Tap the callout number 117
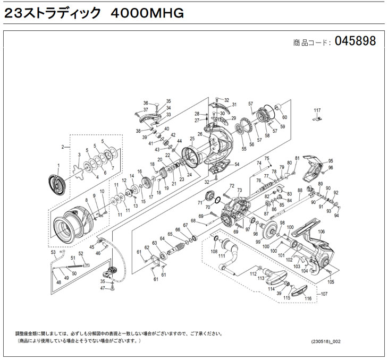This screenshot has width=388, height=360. click(317, 110)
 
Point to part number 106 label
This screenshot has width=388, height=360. click(321, 232)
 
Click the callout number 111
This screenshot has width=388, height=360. click(221, 256)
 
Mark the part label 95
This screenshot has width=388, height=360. click(330, 161)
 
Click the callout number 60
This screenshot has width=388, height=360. click(284, 117)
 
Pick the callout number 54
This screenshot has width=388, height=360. click(237, 165)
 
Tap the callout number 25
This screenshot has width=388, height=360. click(192, 139)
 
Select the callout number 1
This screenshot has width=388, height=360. click(60, 166)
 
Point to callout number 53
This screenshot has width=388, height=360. click(53, 253)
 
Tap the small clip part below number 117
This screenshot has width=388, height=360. click(317, 119)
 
